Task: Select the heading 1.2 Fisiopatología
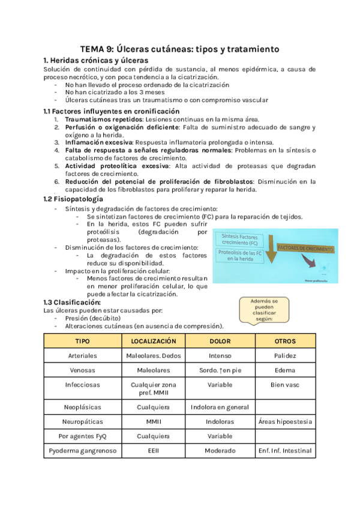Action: click(73, 199)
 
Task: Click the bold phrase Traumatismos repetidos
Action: click(104, 119)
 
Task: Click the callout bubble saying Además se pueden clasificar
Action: click(266, 310)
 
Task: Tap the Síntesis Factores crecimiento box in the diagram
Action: click(239, 240)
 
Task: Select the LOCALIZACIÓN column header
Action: click(153, 341)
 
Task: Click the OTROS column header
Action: click(285, 341)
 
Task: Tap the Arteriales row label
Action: click(83, 355)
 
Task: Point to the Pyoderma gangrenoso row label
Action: click(83, 450)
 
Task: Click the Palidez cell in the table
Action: click(285, 355)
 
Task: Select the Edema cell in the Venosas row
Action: click(285, 370)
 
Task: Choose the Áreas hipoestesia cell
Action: click(285, 421)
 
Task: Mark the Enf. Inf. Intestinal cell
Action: click(285, 450)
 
